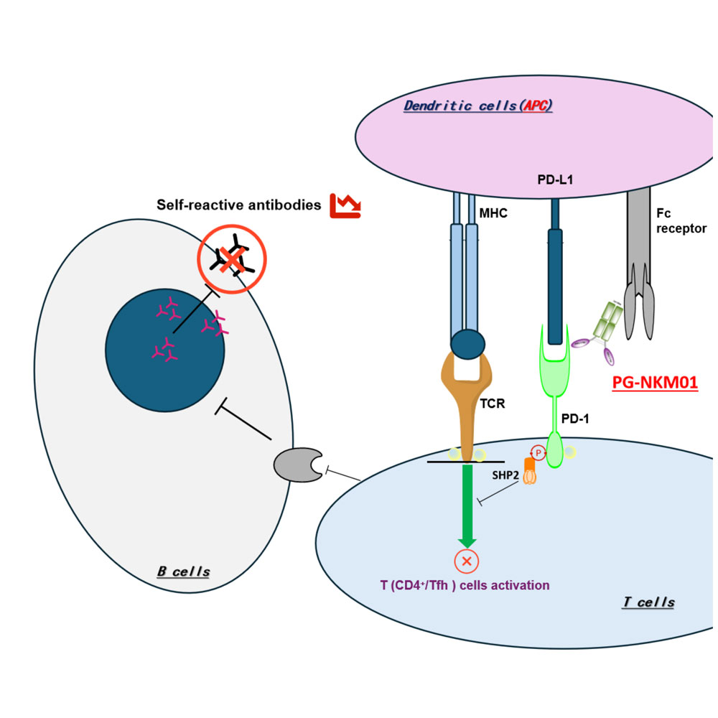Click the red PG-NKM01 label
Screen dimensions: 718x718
click(x=654, y=383)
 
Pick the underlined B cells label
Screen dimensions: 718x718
click(x=183, y=572)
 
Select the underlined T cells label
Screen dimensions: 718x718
click(x=648, y=602)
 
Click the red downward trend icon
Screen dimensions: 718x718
click(x=345, y=205)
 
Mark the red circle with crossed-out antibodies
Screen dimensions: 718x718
click(x=231, y=258)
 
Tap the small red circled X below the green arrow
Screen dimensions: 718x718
click(x=467, y=561)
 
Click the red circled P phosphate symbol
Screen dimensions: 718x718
click(x=538, y=452)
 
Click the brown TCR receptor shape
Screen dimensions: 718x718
click(x=467, y=402)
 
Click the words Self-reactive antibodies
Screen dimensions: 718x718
click(x=238, y=205)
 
